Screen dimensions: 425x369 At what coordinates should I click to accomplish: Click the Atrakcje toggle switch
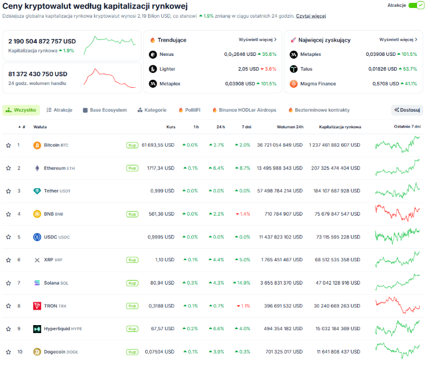click(x=416, y=5)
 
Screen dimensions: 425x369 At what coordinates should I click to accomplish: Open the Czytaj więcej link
click(x=311, y=16)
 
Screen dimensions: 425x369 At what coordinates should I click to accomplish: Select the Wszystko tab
click(x=21, y=110)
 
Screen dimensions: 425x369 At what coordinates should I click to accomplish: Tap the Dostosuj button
click(x=407, y=110)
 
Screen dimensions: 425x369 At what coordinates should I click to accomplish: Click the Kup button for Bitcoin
click(x=132, y=145)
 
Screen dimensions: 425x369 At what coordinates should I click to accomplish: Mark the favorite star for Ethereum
click(x=9, y=168)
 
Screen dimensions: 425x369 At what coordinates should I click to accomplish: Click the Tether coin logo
click(x=37, y=191)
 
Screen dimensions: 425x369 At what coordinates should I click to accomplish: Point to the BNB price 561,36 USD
click(x=162, y=214)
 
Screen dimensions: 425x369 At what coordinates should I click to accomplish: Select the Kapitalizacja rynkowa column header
click(x=340, y=127)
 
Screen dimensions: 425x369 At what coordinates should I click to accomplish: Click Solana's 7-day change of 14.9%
click(x=242, y=283)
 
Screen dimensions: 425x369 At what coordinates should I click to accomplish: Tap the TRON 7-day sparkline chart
click(x=398, y=306)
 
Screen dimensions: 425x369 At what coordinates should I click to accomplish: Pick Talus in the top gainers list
click(x=307, y=69)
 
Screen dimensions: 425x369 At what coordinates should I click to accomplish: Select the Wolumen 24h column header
click(x=290, y=127)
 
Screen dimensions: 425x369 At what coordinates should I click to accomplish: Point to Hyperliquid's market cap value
click(x=338, y=329)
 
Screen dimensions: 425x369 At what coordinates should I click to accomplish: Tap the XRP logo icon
click(x=37, y=260)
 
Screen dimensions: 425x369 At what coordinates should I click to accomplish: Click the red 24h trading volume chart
click(x=110, y=78)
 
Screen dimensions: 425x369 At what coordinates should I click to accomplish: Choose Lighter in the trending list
click(x=167, y=69)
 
